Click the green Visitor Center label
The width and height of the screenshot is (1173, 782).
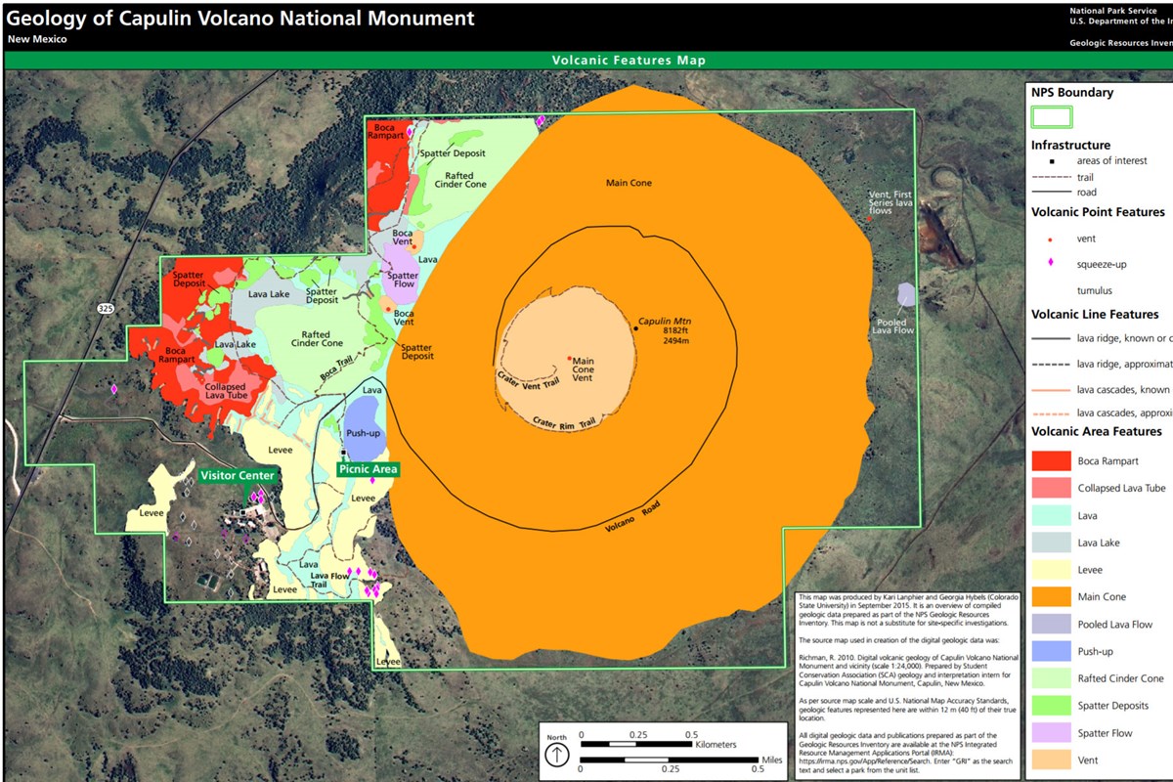pyautogui.click(x=237, y=476)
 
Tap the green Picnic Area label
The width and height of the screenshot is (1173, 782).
pyautogui.click(x=368, y=469)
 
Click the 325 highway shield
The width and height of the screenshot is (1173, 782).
pyautogui.click(x=106, y=308)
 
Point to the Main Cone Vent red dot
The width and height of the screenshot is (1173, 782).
pyautogui.click(x=569, y=358)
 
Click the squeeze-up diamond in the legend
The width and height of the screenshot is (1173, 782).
pyautogui.click(x=1050, y=263)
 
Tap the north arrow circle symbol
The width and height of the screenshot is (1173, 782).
pyautogui.click(x=556, y=754)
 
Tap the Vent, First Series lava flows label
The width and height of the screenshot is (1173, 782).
pyautogui.click(x=891, y=202)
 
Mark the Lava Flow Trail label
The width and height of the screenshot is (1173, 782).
pyautogui.click(x=329, y=581)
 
